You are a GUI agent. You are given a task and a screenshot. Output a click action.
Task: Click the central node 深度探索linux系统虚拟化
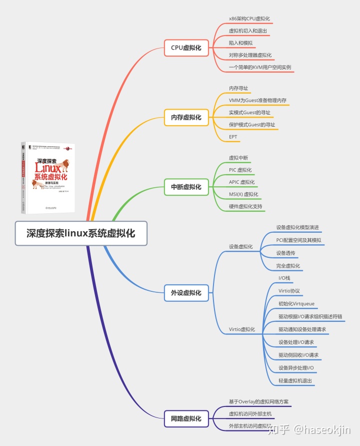(x=81, y=233)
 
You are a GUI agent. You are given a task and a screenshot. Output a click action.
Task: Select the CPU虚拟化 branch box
(x=186, y=48)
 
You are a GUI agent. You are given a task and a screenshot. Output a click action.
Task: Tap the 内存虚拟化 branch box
(x=186, y=118)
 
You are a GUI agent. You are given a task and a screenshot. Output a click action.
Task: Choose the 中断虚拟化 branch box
(x=186, y=187)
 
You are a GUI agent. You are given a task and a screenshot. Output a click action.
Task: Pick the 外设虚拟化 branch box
(x=186, y=293)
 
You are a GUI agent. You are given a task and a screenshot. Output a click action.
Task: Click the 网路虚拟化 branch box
(x=186, y=418)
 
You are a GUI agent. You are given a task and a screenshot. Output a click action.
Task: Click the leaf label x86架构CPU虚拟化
(x=249, y=19)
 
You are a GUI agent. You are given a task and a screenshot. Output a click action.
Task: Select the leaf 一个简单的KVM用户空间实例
(x=260, y=67)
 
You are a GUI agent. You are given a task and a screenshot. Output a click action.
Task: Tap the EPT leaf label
(x=233, y=137)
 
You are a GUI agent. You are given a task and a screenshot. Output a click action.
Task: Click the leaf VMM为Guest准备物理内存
(x=257, y=100)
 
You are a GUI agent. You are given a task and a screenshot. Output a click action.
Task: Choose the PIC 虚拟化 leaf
(x=240, y=170)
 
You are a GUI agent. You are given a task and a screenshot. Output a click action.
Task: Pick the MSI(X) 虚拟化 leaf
(x=243, y=194)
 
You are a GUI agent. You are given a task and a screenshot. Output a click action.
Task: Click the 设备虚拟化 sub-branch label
(x=240, y=246)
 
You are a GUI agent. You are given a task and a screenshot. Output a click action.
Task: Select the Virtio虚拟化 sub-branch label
(x=242, y=329)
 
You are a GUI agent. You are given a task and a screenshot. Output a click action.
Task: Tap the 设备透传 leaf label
(x=285, y=253)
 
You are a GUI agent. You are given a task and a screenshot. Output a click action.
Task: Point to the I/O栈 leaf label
(x=284, y=277)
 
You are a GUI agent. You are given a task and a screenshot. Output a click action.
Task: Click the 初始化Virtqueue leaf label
(x=296, y=303)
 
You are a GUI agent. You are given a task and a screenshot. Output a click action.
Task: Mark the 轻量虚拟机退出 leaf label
(x=295, y=381)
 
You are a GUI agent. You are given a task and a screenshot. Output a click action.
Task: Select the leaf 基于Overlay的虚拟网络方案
(x=258, y=401)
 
